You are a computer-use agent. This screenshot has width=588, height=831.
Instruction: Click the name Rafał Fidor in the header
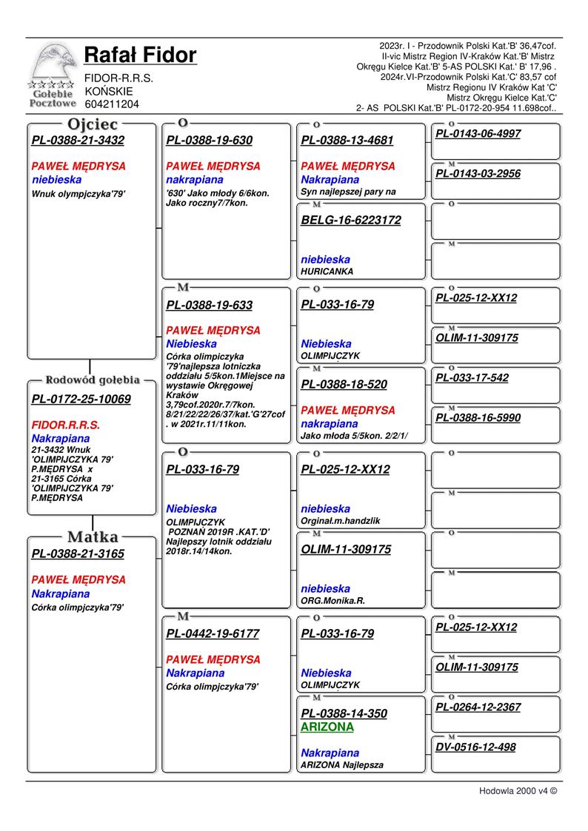[x=140, y=55]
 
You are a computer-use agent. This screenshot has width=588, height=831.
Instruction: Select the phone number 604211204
[x=112, y=104]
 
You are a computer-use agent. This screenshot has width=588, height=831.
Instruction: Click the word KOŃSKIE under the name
[x=109, y=91]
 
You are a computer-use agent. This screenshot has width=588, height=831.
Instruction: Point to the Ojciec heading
[x=93, y=124]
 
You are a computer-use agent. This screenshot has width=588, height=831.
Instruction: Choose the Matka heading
[x=93, y=536]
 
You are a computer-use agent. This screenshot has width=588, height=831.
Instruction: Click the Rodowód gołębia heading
[x=93, y=380]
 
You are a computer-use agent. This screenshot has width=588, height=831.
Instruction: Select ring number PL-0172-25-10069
[x=81, y=400]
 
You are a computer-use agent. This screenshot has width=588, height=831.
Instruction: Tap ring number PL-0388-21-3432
[x=78, y=141]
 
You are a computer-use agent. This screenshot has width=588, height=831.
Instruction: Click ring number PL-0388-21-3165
[x=78, y=554]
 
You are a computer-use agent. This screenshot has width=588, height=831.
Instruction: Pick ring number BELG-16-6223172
[x=351, y=220]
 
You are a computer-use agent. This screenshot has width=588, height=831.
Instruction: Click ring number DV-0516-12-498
[x=475, y=747]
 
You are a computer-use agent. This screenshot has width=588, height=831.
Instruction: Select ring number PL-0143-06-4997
[x=478, y=134]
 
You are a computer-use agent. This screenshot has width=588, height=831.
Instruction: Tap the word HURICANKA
[x=327, y=272]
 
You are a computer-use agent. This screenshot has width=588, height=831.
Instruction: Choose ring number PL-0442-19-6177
[x=213, y=633]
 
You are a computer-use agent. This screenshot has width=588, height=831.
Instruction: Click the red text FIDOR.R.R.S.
[x=66, y=425]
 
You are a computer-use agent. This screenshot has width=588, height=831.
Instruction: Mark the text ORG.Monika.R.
[x=333, y=601]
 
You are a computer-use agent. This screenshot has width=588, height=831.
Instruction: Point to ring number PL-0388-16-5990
[x=478, y=418]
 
